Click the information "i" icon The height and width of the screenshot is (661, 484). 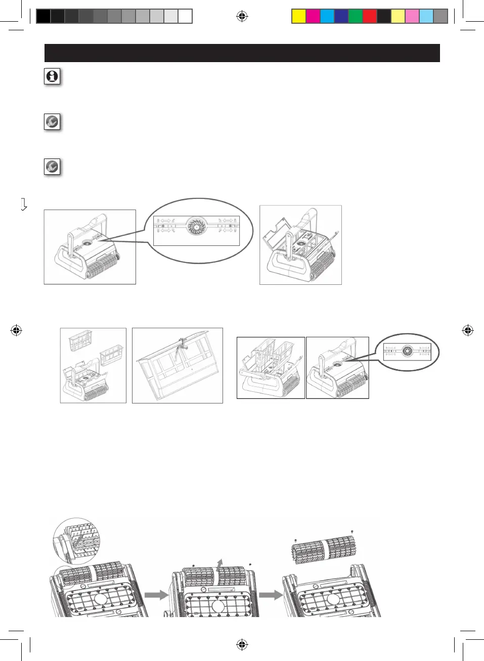(52, 76)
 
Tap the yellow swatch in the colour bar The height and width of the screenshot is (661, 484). (299, 17)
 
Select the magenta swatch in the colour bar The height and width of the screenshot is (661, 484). (313, 17)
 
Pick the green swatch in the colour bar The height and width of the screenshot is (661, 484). (356, 17)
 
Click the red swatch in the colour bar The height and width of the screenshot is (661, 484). (370, 17)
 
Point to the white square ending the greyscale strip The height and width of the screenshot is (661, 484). (185, 17)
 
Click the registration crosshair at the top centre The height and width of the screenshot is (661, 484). (242, 17)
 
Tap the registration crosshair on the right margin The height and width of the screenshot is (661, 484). (468, 331)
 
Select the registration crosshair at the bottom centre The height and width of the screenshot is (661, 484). (242, 644)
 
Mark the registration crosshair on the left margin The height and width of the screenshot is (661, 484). (16, 331)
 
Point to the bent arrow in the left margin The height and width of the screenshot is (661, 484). (23, 205)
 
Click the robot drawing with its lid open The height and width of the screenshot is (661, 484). (300, 245)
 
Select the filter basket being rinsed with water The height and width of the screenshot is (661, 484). (177, 365)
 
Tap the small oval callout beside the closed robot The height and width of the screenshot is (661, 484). (407, 352)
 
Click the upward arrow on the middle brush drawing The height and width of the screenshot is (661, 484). (218, 564)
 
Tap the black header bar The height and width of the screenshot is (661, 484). (242, 53)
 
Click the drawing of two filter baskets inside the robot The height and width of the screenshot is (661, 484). (271, 368)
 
